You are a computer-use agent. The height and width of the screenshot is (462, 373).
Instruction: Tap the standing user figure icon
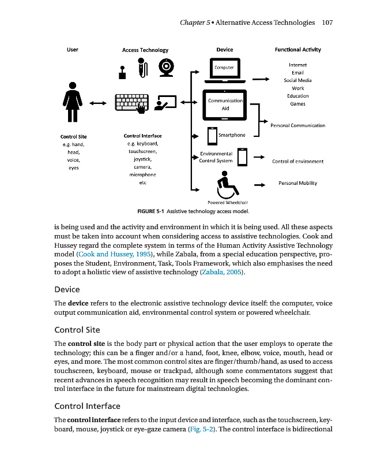point(73,102)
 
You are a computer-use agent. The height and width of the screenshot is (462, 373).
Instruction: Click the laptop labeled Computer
point(224,70)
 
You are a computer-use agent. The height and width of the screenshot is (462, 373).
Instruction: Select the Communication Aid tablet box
point(225,105)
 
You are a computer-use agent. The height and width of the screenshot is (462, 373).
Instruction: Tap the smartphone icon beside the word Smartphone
point(212,136)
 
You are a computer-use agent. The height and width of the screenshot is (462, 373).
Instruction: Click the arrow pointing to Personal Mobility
point(259,185)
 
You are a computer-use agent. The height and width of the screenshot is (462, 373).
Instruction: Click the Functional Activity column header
point(297,50)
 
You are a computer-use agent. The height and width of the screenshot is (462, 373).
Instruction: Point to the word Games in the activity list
point(297,104)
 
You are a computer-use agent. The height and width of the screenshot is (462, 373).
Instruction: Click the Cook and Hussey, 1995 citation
point(114,254)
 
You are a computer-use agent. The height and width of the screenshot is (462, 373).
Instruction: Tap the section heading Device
point(66,289)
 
